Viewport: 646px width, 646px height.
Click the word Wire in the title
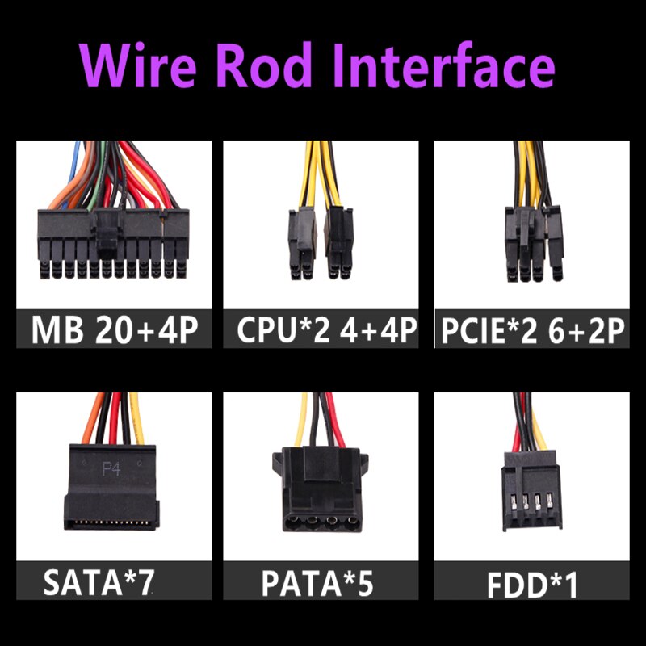[x=137, y=66]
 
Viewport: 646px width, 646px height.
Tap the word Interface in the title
[x=443, y=65]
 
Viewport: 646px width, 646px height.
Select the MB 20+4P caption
[x=115, y=329]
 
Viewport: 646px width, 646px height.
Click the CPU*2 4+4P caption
[x=327, y=329]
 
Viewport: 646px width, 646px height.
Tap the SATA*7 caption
[x=99, y=582]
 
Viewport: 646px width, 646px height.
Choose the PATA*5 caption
[x=317, y=583]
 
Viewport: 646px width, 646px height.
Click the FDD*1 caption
[x=532, y=585]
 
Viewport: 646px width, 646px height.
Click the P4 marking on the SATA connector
[x=111, y=469]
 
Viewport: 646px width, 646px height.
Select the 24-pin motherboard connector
[x=113, y=244]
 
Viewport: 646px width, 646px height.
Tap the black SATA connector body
[x=111, y=488]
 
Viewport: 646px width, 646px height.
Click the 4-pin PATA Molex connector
[x=320, y=489]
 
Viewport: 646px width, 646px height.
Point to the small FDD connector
[x=532, y=490]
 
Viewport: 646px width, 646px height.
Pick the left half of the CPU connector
[x=303, y=244]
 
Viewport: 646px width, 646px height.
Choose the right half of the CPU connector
[x=339, y=243]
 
